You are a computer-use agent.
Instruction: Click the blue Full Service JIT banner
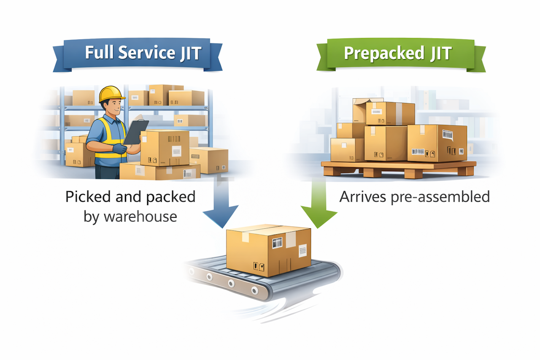coord(138,54)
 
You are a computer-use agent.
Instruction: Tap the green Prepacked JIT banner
coord(401,54)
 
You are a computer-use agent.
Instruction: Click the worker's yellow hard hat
coord(112,94)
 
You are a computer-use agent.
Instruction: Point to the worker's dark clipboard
coord(135,132)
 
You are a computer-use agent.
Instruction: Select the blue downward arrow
coord(221,203)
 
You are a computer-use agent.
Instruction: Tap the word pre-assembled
coord(440,197)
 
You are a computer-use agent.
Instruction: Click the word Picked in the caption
coord(88,197)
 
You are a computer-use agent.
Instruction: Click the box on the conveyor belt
coord(269,250)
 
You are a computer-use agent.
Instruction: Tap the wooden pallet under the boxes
coord(399,169)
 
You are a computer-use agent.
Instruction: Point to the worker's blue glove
coord(119,149)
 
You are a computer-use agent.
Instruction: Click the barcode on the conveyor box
coord(277,243)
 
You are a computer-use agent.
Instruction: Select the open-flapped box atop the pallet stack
coord(360,110)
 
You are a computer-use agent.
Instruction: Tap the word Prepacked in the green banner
coord(384,54)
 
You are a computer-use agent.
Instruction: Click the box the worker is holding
coord(165,148)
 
